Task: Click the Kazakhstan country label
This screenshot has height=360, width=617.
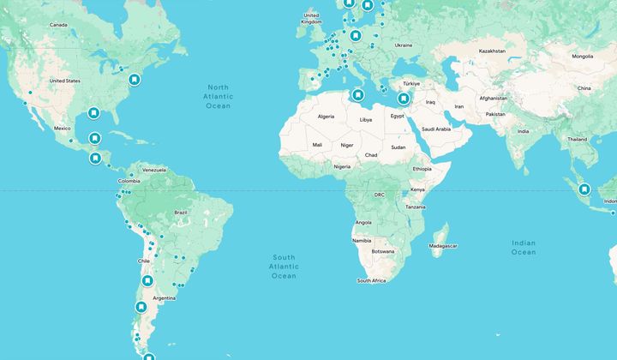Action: (492, 51)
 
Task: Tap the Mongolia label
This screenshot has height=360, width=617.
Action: (582, 57)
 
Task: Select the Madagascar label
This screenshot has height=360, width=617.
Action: (443, 246)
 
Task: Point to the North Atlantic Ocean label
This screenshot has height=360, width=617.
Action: (218, 96)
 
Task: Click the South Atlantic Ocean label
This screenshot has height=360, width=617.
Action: (284, 267)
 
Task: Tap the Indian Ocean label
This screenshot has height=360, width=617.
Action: (523, 248)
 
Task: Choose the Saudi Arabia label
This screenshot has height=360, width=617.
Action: (430, 129)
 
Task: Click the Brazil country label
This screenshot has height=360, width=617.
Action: (180, 212)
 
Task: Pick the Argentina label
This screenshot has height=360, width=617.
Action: (164, 298)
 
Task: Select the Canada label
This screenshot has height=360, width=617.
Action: (58, 25)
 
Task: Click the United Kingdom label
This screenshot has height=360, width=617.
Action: (311, 18)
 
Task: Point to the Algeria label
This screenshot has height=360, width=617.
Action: (326, 116)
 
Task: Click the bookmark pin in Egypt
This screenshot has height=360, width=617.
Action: (402, 99)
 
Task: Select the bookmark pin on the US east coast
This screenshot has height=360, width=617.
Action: (134, 80)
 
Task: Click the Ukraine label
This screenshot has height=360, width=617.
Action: (403, 45)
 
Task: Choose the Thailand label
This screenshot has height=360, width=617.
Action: (577, 139)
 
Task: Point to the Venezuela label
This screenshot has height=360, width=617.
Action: (154, 170)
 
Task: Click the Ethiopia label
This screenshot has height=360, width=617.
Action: (422, 169)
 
